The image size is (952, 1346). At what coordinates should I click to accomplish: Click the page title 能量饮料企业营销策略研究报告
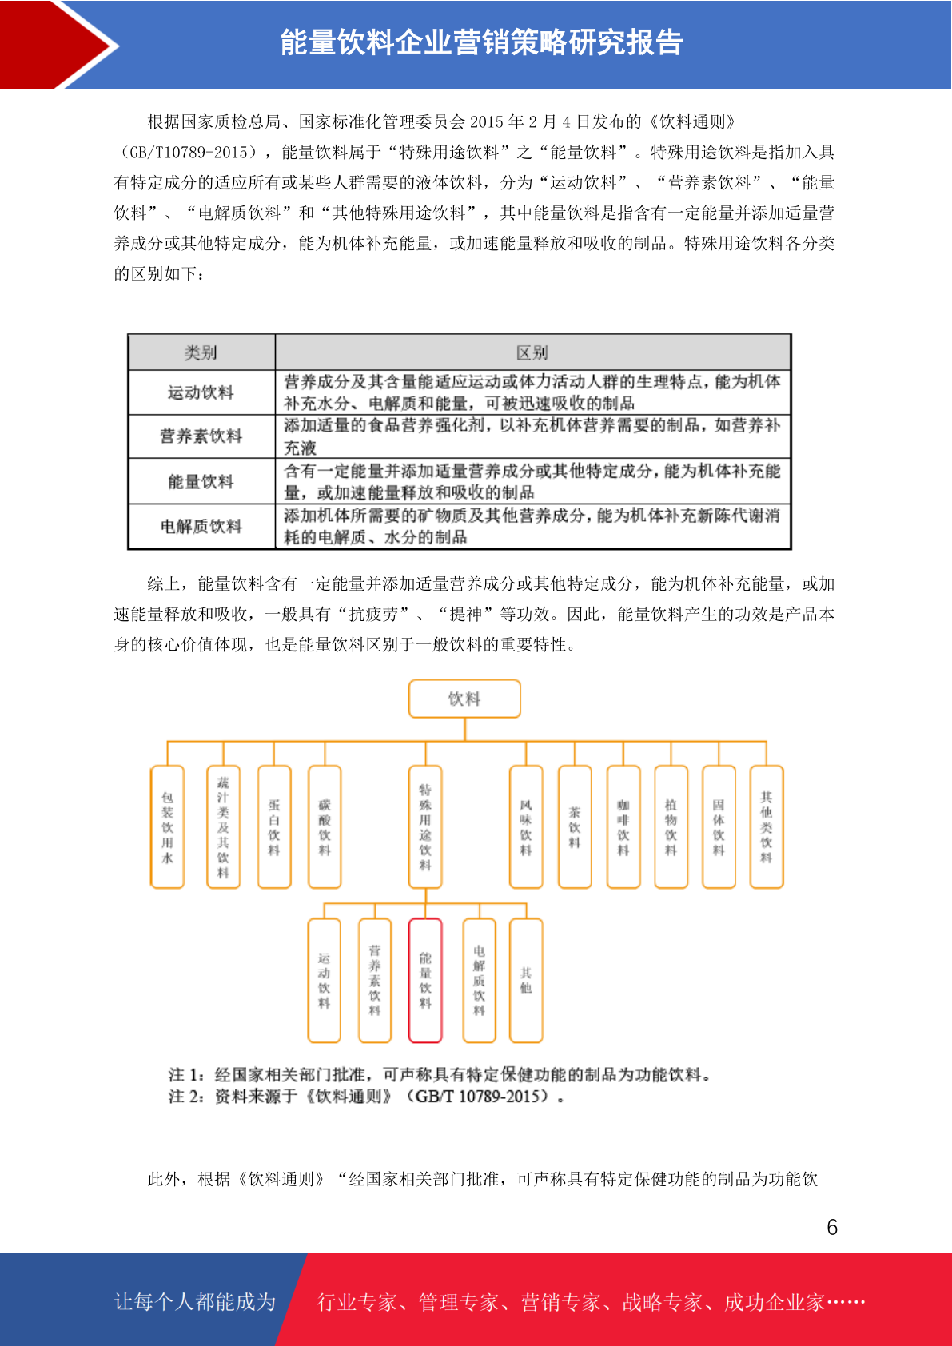tap(481, 42)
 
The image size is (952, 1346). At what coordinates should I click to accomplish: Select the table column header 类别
tap(201, 352)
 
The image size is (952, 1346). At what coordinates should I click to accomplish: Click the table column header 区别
tap(532, 352)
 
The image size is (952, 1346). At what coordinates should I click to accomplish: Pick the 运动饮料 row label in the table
tap(201, 392)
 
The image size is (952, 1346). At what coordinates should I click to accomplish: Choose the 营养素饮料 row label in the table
tap(201, 436)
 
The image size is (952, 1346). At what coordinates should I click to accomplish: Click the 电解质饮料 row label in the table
tap(201, 527)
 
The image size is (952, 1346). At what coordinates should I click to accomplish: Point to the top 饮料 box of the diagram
tap(464, 699)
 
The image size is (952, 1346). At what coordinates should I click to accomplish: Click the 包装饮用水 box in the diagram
tap(167, 826)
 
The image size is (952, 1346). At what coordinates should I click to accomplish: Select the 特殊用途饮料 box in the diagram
tap(425, 826)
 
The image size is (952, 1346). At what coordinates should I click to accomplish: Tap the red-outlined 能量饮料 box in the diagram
tap(425, 980)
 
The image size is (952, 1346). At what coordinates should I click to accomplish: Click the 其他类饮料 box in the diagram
tap(767, 826)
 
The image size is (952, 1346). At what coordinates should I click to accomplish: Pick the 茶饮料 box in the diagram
tap(575, 826)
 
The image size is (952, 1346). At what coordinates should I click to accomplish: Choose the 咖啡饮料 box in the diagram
tap(623, 826)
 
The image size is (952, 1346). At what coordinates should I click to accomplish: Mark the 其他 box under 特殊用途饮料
tap(526, 980)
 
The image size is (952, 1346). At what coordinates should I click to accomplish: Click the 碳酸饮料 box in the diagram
tap(325, 826)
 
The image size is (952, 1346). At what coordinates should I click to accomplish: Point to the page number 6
tap(832, 1226)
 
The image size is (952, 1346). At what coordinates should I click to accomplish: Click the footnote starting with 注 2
tap(367, 1096)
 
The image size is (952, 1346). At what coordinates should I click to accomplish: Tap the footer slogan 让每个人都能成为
tap(195, 1301)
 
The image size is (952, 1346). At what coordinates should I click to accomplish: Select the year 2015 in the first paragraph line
tap(486, 122)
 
